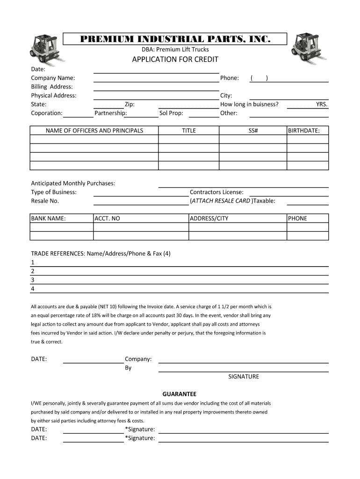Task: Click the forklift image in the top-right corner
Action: coord(308,48)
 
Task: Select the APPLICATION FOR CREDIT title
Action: coord(175,59)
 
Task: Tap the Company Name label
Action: coord(53,78)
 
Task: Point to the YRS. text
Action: coord(322,104)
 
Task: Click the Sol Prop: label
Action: coord(171,113)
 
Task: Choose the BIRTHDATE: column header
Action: coord(304,131)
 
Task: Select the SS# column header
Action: coord(253,131)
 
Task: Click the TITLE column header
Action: coord(189,131)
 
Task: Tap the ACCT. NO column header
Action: coord(107,218)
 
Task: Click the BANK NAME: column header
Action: coord(48,218)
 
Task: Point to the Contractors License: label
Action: coord(216,192)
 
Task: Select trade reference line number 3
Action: coord(33,280)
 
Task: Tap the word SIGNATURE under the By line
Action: coord(243,377)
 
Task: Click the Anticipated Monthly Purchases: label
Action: coord(73,183)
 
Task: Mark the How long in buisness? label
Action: coord(249,104)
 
